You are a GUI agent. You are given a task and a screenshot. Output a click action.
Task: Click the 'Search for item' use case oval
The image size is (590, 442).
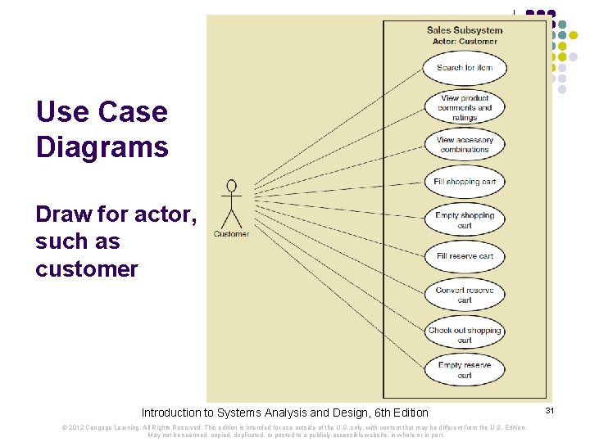[x=465, y=68]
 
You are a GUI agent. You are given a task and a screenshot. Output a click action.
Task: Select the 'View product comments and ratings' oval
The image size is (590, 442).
[x=465, y=107]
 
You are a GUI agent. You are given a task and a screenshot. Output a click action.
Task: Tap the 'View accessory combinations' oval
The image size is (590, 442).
[x=465, y=145]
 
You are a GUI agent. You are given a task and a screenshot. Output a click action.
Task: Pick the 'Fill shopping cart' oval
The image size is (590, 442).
[x=465, y=182]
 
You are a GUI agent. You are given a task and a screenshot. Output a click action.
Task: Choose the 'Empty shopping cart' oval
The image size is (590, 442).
[x=465, y=220]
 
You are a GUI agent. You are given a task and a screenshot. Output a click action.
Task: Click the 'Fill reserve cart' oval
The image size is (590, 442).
[x=465, y=256]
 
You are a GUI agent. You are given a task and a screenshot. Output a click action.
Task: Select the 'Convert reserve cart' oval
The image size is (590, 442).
[x=465, y=295]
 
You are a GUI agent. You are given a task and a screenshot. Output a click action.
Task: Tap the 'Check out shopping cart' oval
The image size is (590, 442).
[x=465, y=334]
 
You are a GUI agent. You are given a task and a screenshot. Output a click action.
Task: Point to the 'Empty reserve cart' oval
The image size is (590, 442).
[x=465, y=369]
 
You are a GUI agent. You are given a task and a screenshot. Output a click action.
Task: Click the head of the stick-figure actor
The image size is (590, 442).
[x=232, y=185]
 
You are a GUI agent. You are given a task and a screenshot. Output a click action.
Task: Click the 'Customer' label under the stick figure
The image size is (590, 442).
[x=232, y=234]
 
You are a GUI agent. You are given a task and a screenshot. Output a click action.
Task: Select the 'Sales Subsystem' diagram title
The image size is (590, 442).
[x=465, y=30]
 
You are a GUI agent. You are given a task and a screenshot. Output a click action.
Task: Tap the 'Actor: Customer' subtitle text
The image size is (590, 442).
[x=465, y=41]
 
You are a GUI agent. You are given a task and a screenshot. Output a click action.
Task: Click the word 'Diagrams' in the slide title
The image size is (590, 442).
[x=102, y=147]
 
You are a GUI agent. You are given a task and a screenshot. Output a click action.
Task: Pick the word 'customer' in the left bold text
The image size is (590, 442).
[x=87, y=268]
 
